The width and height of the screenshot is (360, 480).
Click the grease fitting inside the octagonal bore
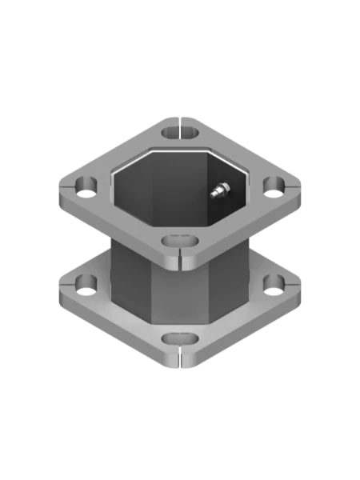click(218, 190)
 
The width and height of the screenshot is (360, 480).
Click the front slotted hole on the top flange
click(179, 240)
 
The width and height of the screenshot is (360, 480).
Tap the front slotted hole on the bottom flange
click(179, 338)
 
